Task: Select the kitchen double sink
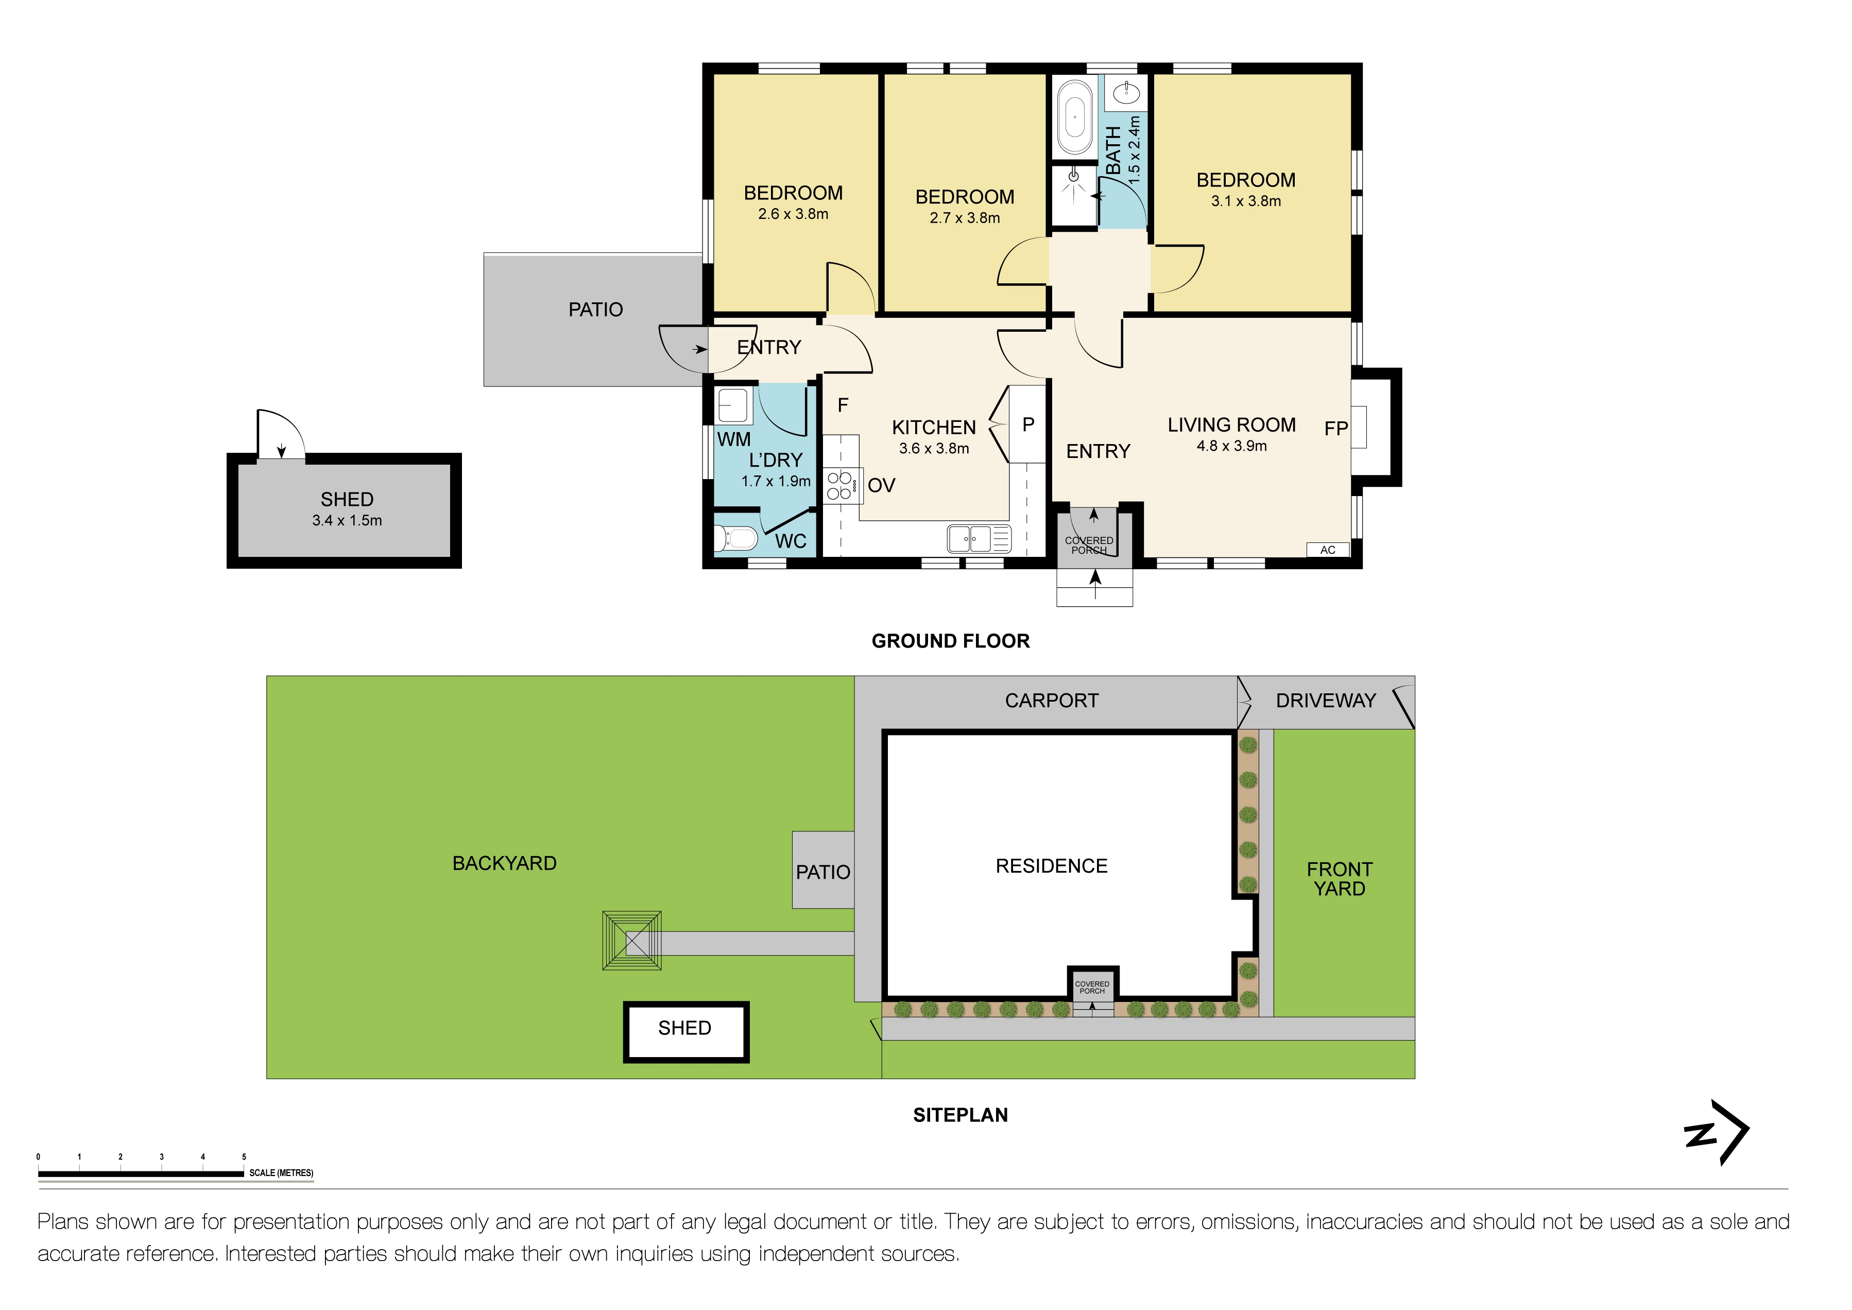click(x=970, y=539)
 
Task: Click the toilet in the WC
click(x=736, y=538)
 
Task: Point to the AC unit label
click(x=1328, y=550)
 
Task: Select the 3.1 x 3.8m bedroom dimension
click(x=1245, y=201)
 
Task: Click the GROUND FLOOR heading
click(x=950, y=641)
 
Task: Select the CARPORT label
click(x=1051, y=701)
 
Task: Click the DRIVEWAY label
click(x=1325, y=701)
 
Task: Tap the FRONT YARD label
click(x=1339, y=879)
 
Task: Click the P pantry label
click(x=1027, y=425)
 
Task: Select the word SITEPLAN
click(x=960, y=1116)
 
